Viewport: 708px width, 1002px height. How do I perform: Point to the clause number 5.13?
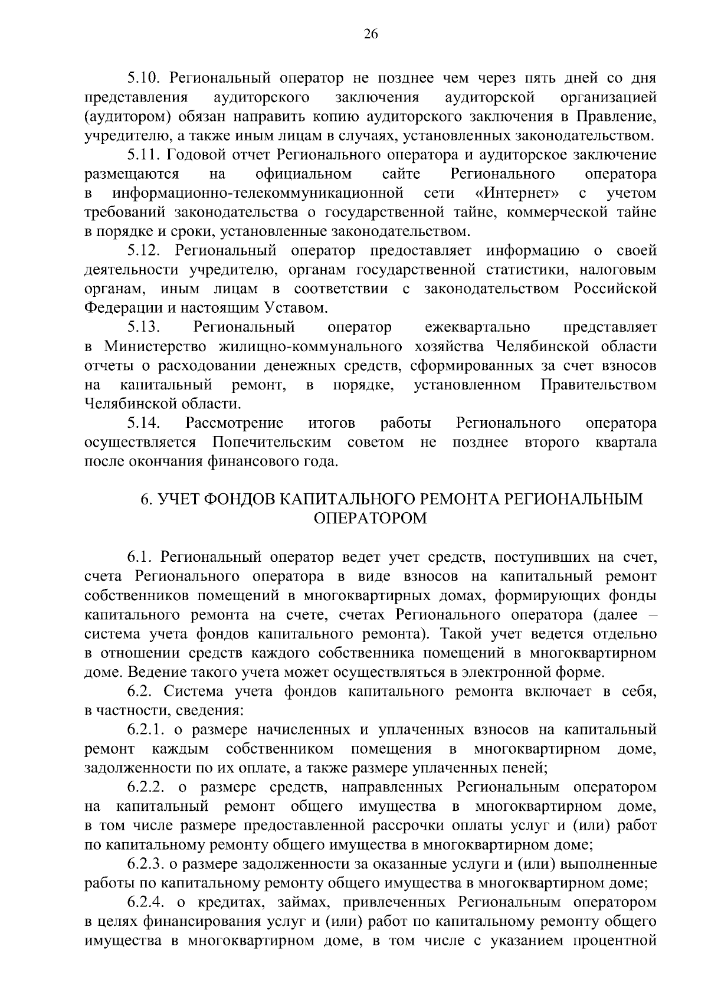pyautogui.click(x=144, y=327)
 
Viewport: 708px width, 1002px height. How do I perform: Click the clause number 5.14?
pyautogui.click(x=144, y=423)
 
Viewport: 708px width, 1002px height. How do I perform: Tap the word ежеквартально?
pyautogui.click(x=477, y=327)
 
